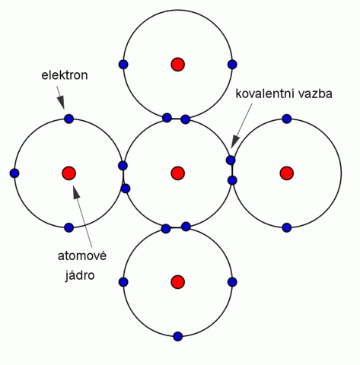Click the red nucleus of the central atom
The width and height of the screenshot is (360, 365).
tap(177, 173)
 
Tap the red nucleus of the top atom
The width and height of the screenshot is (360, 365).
tap(177, 65)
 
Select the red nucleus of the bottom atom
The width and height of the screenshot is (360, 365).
tap(177, 282)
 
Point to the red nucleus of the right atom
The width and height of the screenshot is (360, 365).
tap(287, 173)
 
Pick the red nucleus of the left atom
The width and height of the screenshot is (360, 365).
tap(68, 173)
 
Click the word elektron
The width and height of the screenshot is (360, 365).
tap(65, 75)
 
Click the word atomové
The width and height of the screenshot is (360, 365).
tap(82, 255)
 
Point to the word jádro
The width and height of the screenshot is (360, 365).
tap(80, 275)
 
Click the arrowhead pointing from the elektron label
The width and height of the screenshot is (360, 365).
tap(61, 103)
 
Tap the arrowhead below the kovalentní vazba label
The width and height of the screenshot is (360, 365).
tap(235, 141)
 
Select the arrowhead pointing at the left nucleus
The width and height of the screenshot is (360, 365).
tap(76, 192)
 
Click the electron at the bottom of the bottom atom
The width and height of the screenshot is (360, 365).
tap(178, 336)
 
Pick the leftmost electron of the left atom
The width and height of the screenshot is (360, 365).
tap(14, 173)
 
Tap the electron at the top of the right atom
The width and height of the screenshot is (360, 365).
tap(287, 119)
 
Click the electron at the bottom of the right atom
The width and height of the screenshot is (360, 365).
tap(287, 227)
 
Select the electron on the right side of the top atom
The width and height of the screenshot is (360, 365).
tap(232, 65)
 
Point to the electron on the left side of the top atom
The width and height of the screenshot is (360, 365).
tap(123, 65)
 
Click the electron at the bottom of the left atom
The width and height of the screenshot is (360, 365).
tap(68, 227)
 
